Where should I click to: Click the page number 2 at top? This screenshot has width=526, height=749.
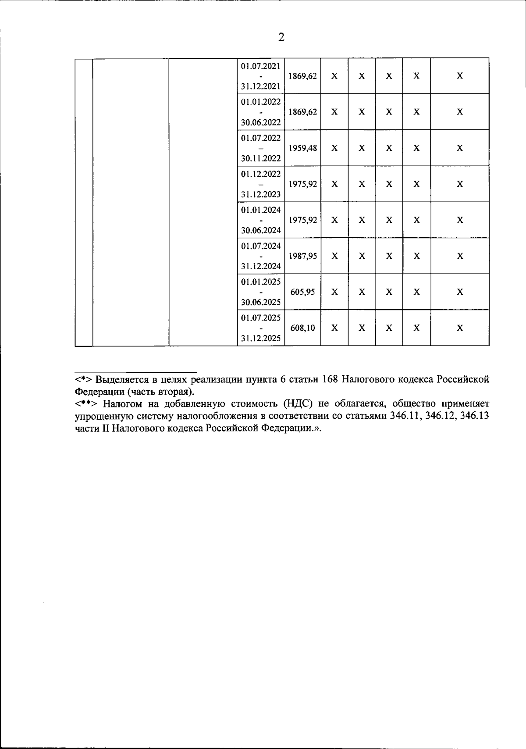(x=281, y=38)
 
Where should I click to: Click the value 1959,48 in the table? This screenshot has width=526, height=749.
(x=302, y=148)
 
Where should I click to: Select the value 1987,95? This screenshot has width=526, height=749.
(x=302, y=256)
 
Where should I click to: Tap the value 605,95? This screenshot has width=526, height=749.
(x=302, y=292)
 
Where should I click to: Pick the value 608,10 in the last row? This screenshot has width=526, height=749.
(x=302, y=328)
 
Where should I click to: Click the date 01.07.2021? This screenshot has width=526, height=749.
(x=261, y=66)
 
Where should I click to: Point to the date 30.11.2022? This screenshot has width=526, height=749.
(x=261, y=158)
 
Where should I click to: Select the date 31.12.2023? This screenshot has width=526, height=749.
(x=261, y=194)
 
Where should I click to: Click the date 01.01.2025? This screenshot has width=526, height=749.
(x=261, y=282)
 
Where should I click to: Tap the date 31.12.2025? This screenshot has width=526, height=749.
(x=261, y=339)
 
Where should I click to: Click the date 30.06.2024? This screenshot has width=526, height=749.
(x=261, y=230)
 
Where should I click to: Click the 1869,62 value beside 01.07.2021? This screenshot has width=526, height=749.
(x=302, y=76)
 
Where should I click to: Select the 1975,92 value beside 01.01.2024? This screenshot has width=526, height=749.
(x=302, y=220)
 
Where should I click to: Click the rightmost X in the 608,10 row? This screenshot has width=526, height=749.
(x=460, y=328)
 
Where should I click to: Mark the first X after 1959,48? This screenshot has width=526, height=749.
(x=334, y=148)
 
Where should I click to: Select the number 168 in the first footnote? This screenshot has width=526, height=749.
(x=330, y=379)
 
